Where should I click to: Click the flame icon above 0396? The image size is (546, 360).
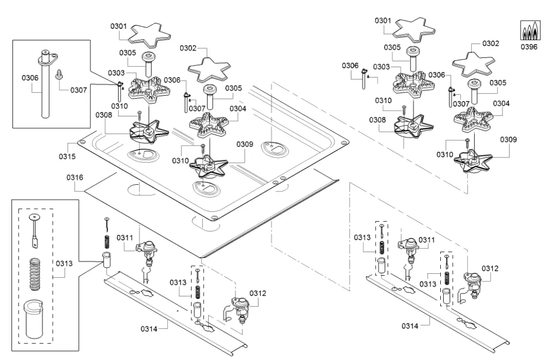[529, 32]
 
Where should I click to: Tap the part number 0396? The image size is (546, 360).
[529, 47]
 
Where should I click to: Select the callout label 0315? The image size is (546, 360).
[67, 156]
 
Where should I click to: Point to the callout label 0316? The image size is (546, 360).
[75, 178]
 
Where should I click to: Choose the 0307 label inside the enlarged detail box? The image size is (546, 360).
[78, 90]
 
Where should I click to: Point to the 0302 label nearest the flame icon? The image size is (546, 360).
[490, 44]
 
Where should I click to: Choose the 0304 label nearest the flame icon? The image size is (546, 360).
[501, 103]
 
